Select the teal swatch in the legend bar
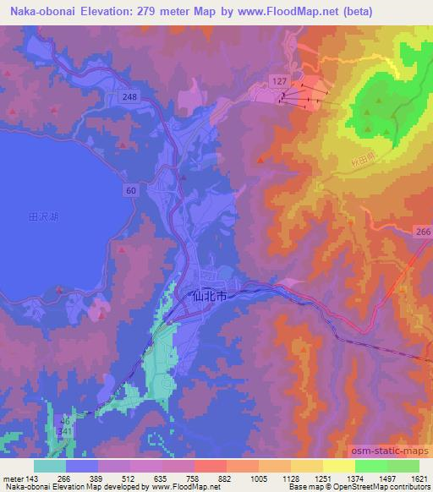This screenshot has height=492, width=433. coord(50,465)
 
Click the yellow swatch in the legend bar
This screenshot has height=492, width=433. coord(338,465)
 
